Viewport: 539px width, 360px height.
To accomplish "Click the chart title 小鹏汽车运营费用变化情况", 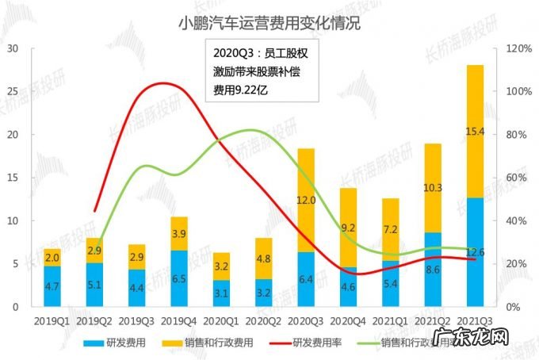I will [x=269, y=23].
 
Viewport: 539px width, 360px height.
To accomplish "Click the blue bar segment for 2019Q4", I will [x=179, y=278].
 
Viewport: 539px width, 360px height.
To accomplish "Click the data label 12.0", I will [x=305, y=201].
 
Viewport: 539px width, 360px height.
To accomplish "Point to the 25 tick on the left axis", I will [x=13, y=91].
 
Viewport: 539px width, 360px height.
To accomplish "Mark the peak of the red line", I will [x=162, y=82].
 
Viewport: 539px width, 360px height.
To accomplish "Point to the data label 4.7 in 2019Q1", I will [x=52, y=287].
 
